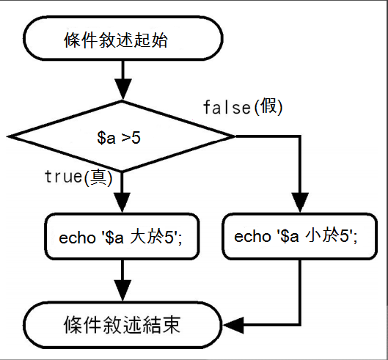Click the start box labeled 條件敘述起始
[123, 38]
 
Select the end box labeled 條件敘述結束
[122, 325]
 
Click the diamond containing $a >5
[121, 136]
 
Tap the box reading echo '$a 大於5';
[122, 236]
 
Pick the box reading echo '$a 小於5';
[300, 236]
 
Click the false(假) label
[243, 107]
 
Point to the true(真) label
[78, 177]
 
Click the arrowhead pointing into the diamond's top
[123, 89]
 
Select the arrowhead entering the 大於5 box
[122, 202]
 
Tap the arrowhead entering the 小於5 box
[300, 202]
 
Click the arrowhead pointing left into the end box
[233, 325]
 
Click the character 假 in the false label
[268, 106]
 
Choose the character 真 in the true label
[98, 177]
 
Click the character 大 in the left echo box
[138, 236]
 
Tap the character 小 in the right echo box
[313, 235]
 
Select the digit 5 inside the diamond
[136, 138]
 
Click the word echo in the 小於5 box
[252, 237]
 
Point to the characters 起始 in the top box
[151, 40]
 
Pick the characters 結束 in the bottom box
[163, 324]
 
